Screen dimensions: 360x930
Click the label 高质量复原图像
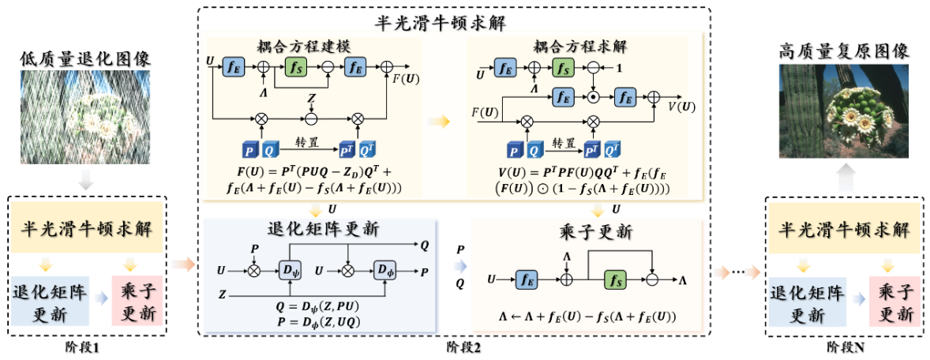click(843, 53)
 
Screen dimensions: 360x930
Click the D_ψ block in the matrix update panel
click(288, 269)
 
